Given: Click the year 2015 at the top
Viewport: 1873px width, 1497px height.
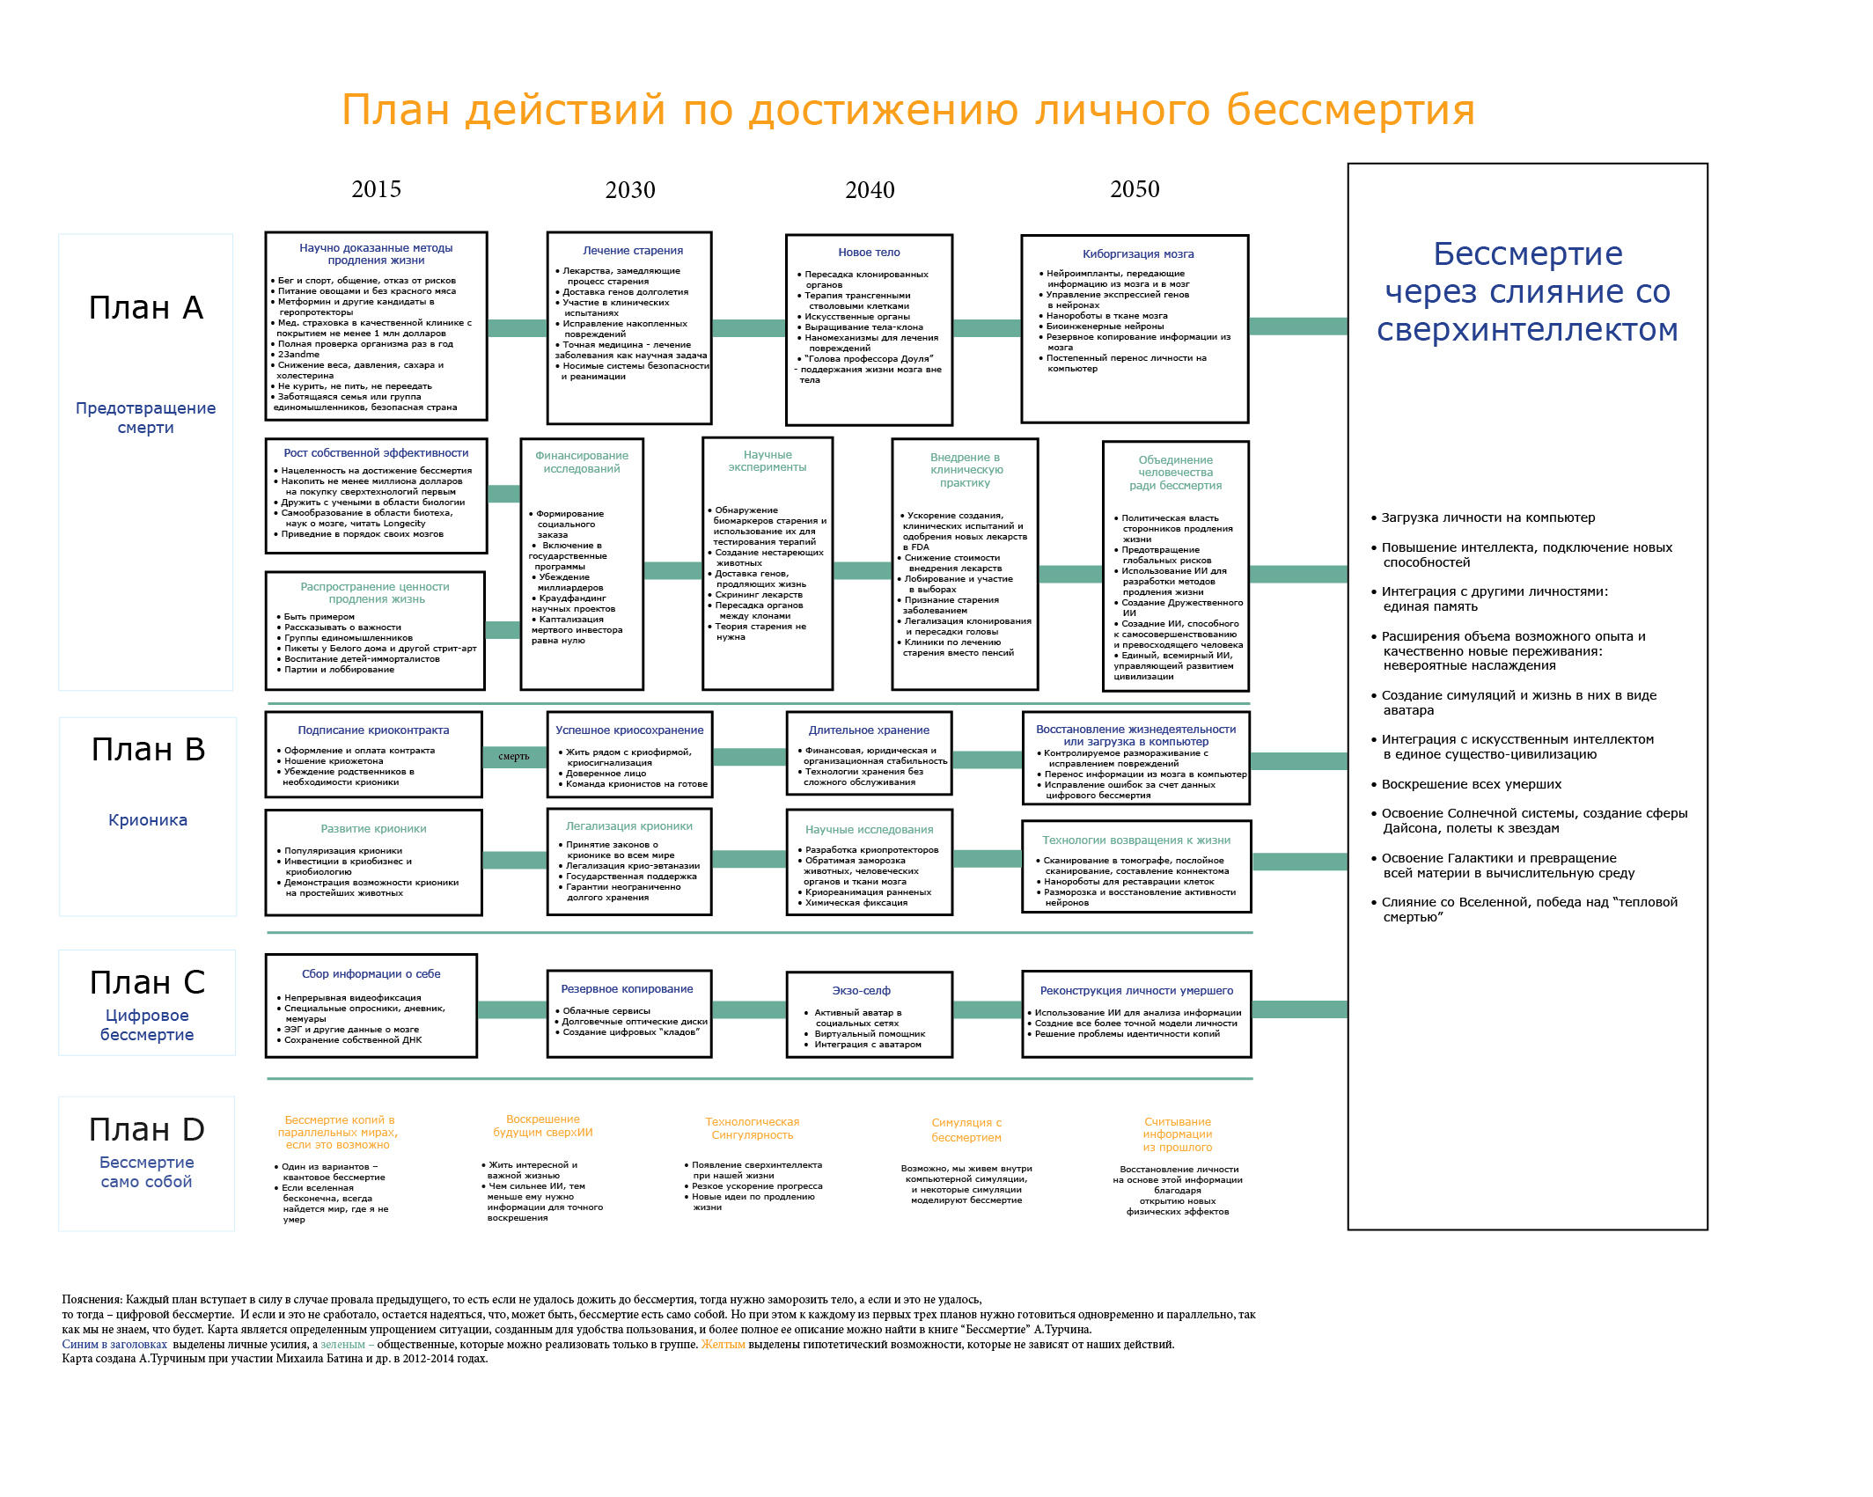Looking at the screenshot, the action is tap(376, 189).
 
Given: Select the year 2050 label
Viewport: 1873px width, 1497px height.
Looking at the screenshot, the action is tap(1135, 189).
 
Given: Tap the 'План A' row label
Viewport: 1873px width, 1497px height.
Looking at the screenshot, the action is tap(146, 307).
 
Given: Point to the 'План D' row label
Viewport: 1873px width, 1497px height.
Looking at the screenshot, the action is tap(147, 1129).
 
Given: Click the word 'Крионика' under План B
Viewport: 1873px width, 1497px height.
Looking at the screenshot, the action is tap(148, 820).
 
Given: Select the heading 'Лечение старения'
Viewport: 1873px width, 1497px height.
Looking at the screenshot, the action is tap(633, 251).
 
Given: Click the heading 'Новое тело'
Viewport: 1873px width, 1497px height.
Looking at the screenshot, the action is tap(869, 253).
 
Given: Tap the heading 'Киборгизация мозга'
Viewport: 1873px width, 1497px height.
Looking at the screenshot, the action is tap(1138, 254).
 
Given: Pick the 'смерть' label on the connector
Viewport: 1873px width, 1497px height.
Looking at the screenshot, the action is tap(514, 756).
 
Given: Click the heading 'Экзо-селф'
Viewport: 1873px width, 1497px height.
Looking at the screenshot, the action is tap(861, 991).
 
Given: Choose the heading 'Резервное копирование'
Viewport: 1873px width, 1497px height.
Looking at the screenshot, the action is tap(627, 989).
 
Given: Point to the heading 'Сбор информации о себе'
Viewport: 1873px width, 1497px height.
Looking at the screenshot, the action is tap(371, 974).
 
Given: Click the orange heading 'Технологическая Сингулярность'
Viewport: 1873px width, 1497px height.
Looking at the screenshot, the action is tap(753, 1128).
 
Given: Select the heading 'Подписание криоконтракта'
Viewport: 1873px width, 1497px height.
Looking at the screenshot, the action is tap(373, 730).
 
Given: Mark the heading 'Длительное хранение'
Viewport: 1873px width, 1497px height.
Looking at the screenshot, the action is tap(869, 730).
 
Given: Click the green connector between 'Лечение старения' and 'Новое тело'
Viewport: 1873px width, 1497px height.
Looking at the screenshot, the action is tap(749, 328).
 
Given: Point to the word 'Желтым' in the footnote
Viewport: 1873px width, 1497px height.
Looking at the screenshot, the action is tap(723, 1345).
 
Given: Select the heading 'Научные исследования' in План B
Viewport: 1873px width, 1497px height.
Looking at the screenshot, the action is tap(869, 830).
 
